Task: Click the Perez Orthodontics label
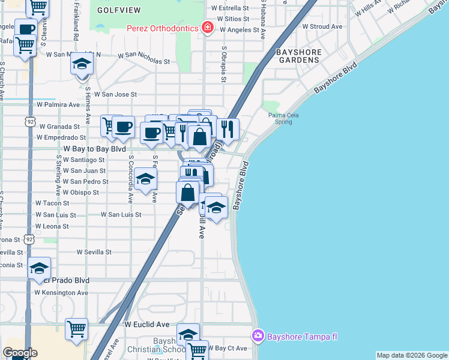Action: [x=163, y=28]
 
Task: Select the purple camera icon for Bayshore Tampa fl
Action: [x=258, y=335]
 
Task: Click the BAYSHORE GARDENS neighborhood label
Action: [x=297, y=56]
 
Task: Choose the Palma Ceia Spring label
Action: [x=283, y=118]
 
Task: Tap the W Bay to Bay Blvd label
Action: [x=94, y=148]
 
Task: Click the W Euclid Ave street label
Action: [x=147, y=324]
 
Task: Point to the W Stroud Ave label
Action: [x=322, y=26]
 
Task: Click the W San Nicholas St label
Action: [x=143, y=61]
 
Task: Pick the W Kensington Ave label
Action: [x=61, y=292]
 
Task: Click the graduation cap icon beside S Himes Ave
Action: [x=82, y=63]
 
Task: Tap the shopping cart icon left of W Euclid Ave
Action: [x=76, y=328]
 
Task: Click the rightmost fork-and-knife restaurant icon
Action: [x=228, y=127]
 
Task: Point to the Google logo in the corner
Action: [x=19, y=353]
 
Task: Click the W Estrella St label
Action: [x=231, y=8]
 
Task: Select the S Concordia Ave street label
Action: [x=130, y=180]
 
